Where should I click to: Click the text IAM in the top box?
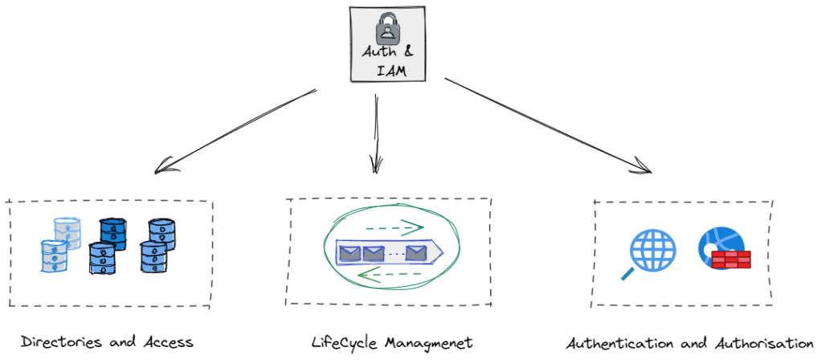[387, 70]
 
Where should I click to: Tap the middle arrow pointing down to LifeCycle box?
[375, 133]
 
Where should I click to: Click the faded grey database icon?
[66, 231]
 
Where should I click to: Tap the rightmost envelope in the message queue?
[415, 254]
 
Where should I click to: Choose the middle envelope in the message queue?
[373, 254]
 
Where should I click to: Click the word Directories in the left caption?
[59, 342]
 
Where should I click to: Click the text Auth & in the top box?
[387, 54]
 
